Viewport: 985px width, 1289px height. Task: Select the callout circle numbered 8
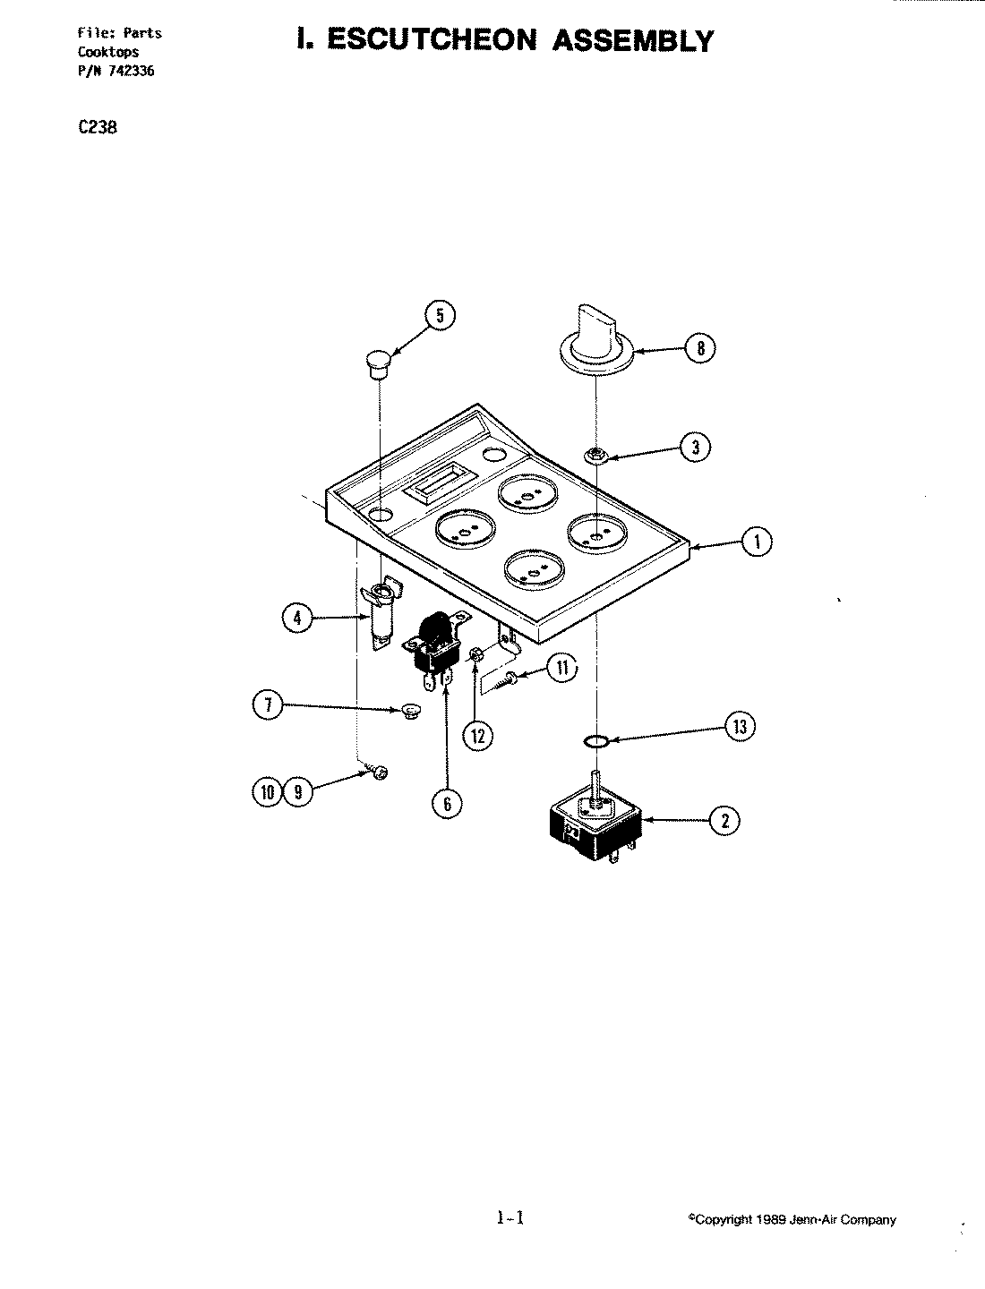coord(700,348)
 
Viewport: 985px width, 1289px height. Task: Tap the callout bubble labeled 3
coord(695,447)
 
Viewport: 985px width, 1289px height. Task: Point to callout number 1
coord(758,542)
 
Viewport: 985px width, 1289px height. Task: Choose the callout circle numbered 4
coord(297,617)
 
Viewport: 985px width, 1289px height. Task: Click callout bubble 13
coord(740,727)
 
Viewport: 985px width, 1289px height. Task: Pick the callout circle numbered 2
coord(724,820)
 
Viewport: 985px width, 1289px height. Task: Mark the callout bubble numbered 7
coord(268,706)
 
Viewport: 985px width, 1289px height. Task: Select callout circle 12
coord(477,735)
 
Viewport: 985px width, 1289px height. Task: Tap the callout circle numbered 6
coord(447,803)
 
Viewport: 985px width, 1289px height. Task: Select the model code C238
coord(98,127)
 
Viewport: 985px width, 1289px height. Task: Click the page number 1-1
coord(508,1217)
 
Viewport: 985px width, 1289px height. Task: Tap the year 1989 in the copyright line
coord(769,1220)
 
